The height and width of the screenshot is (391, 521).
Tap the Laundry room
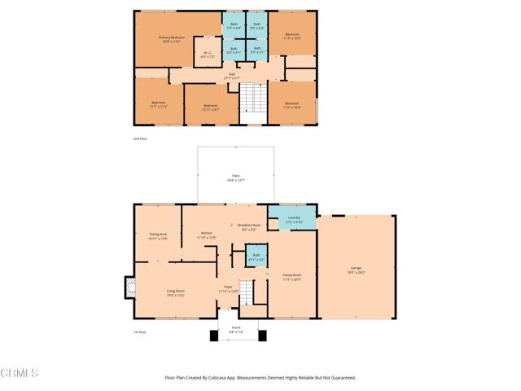(x=294, y=218)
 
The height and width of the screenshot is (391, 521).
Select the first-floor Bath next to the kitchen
(x=256, y=256)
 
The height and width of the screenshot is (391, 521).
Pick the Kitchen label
(x=207, y=235)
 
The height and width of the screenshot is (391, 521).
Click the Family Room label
(x=291, y=279)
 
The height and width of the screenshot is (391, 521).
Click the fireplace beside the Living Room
(x=129, y=287)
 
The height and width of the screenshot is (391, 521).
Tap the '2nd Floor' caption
(x=140, y=139)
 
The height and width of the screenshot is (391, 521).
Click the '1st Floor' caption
(x=140, y=332)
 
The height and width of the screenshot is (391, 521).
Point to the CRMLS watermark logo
(x=20, y=373)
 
